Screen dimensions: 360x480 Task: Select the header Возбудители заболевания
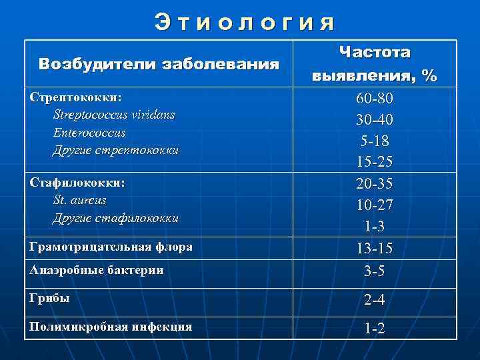[159, 65]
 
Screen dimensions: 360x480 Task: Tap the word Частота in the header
[375, 52]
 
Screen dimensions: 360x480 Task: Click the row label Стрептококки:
[76, 97]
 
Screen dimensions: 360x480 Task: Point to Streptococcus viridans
[114, 115]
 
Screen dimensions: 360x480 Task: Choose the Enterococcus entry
[89, 133]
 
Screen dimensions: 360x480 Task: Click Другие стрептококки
[116, 150]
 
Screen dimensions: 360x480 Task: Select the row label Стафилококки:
[77, 182]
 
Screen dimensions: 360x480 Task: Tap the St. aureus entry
[79, 200]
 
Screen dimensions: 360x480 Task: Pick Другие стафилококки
[116, 218]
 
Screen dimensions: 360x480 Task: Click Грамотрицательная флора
[111, 247]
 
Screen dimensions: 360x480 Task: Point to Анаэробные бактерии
[97, 270]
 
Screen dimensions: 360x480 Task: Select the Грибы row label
[50, 298]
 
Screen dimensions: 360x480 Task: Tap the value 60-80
[375, 99]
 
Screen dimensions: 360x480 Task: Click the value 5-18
[375, 141]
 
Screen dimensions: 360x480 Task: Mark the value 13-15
[375, 248]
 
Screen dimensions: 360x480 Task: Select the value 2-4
[375, 301]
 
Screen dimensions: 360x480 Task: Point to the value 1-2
[375, 328]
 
